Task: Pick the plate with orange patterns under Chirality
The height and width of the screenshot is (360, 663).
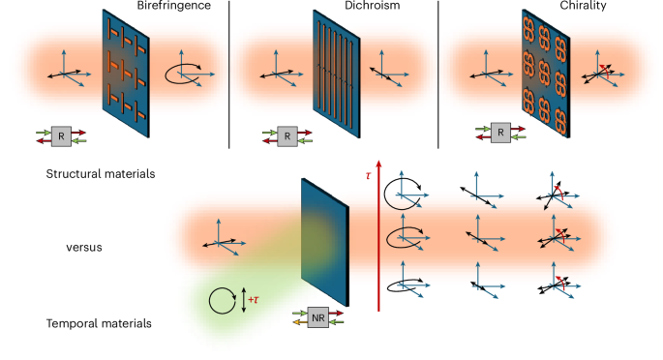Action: pos(546,73)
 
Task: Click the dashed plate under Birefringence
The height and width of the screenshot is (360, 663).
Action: pos(126,73)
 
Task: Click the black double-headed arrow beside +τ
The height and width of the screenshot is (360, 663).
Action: pos(243,301)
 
